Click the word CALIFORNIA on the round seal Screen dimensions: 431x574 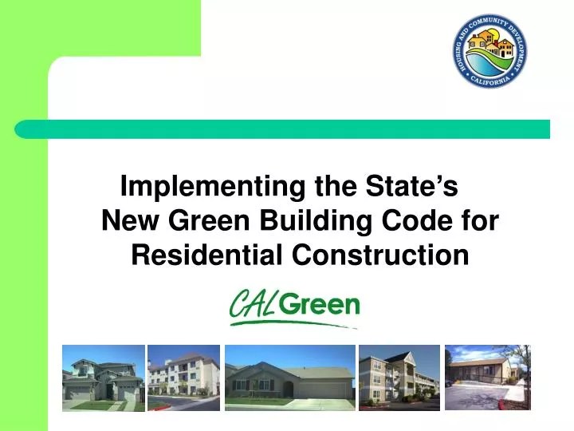pos(489,80)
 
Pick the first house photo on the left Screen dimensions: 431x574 pos(104,378)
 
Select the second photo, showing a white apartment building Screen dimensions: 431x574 pos(183,378)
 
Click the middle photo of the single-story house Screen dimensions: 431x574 pos(289,378)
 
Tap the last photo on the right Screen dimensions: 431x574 pos(487,378)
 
